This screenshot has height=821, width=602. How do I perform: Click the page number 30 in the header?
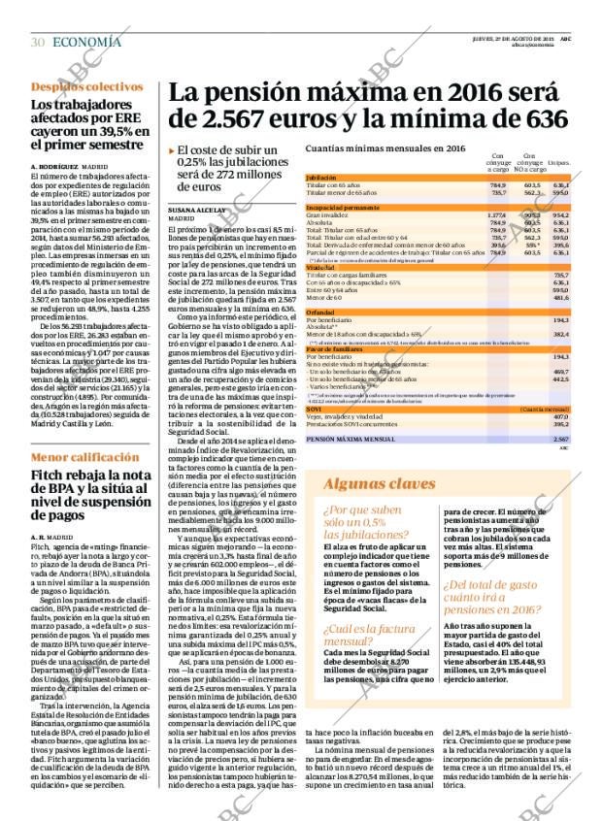pos(38,42)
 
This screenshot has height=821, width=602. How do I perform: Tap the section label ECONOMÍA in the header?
pos(86,42)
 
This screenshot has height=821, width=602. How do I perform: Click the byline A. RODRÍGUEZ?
pos(54,166)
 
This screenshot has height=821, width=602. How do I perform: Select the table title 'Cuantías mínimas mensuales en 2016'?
pos(385,148)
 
